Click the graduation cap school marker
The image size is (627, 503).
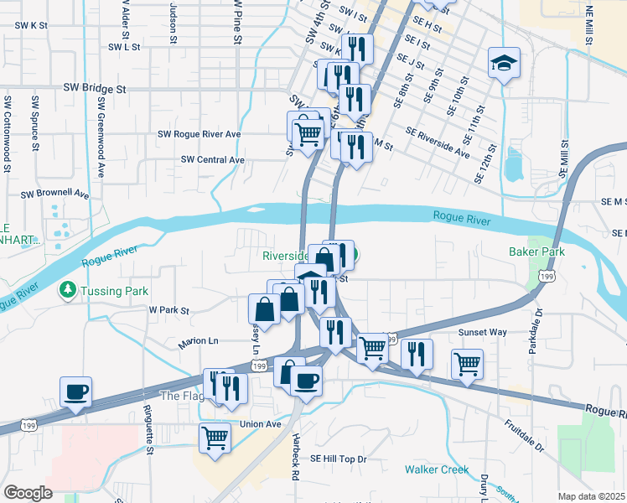pos(505,63)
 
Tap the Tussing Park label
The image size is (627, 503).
pos(115,291)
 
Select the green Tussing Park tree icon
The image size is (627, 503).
pos(67,290)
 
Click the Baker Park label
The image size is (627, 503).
pos(536,251)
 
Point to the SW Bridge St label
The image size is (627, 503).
pos(97,88)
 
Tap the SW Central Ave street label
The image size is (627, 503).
pos(213,159)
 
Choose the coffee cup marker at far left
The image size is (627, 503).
pos(76,392)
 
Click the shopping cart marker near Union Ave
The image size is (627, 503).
pos(215,438)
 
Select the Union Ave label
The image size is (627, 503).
pos(261,424)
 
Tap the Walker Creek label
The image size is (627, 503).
pos(436,469)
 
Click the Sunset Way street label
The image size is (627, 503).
pos(482,332)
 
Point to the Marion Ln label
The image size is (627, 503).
pos(198,342)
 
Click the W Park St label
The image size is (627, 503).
pos(170,310)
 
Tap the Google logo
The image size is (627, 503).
pos(28,493)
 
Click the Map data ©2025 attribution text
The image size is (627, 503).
pos(592,496)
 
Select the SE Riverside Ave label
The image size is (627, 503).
pos(438,143)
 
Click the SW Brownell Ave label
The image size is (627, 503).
pos(55,194)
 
